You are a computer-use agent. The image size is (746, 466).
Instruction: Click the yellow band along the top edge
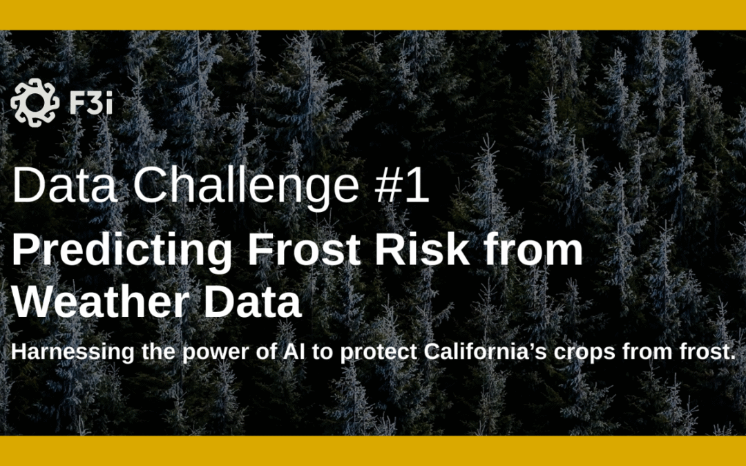[373, 14]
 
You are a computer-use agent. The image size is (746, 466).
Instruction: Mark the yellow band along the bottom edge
[373, 451]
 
